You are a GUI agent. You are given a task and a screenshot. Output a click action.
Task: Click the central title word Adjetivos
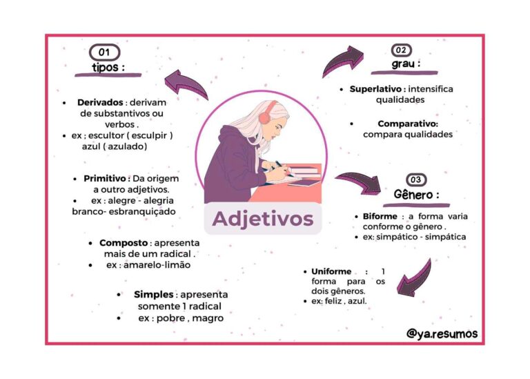point(263,218)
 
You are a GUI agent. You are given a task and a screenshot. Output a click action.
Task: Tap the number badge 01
point(104,52)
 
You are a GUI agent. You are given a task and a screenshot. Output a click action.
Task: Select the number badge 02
point(401,50)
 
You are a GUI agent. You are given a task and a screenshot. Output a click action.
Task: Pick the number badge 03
point(415,179)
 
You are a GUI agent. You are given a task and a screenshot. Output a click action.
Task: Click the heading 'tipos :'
point(108,67)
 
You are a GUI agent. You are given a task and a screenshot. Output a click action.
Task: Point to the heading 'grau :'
point(406,64)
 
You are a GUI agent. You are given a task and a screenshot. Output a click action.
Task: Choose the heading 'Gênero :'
point(416,195)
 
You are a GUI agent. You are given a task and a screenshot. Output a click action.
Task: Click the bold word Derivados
point(100,102)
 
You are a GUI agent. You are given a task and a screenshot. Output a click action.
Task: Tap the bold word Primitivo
point(105,178)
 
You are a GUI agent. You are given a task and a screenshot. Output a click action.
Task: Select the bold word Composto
point(124,243)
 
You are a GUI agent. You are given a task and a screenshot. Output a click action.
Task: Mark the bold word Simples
point(153,294)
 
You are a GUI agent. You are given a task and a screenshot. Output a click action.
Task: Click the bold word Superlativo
point(375,89)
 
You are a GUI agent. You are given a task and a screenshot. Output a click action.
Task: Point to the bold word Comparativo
point(408,124)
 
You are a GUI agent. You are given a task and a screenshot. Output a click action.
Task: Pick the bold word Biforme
point(380,216)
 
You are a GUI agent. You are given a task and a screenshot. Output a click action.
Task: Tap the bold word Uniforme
point(331,271)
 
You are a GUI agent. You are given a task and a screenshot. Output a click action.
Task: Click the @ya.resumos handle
point(442,333)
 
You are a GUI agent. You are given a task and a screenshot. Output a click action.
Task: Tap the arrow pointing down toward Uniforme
point(415,278)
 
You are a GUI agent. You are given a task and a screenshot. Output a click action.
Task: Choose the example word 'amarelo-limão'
point(157,264)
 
